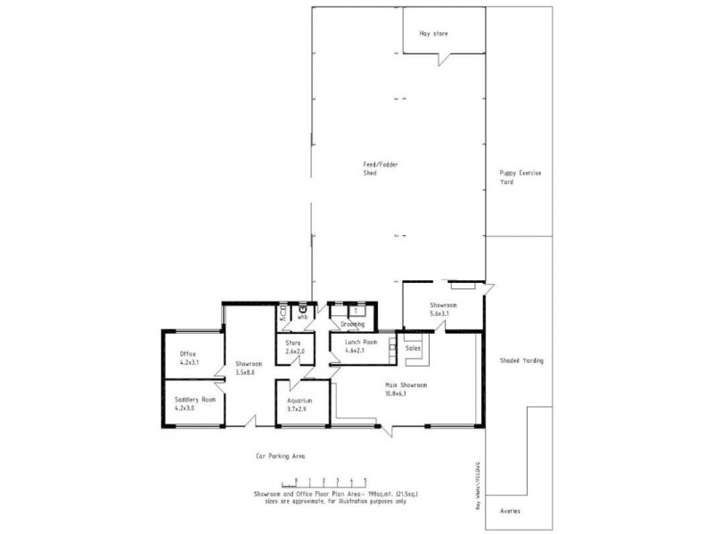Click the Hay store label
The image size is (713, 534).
[434, 34]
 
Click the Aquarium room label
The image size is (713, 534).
[298, 400]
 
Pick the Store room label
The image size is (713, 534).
[293, 343]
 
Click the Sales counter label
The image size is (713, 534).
[413, 348]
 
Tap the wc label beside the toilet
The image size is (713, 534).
[283, 318]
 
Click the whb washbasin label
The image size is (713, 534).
[302, 317]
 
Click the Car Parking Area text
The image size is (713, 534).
[281, 456]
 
